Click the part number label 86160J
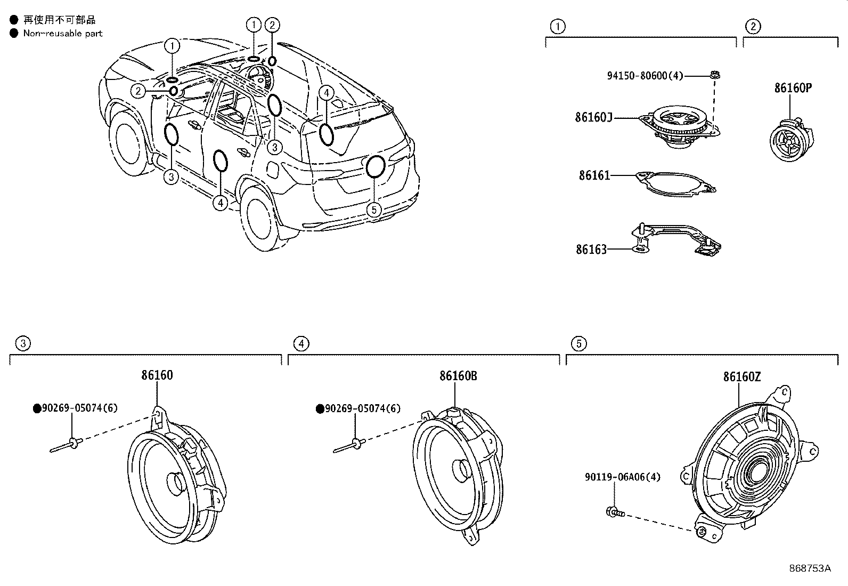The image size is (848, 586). [593, 117]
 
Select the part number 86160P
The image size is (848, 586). [793, 88]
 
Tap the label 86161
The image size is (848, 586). [594, 175]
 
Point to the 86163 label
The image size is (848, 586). [591, 250]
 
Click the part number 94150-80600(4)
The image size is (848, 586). [645, 76]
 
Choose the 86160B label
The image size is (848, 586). [458, 375]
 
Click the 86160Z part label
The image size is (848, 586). [742, 377]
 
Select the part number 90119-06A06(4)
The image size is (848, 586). [623, 477]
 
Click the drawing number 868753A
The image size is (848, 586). [810, 568]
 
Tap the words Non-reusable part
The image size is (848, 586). [63, 34]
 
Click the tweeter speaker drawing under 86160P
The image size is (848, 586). [792, 139]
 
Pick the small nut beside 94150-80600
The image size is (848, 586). [715, 75]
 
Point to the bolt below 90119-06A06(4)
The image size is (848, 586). [615, 512]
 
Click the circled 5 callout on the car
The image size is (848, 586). [374, 210]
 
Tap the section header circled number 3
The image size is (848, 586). [23, 344]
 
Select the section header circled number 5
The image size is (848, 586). [579, 344]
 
